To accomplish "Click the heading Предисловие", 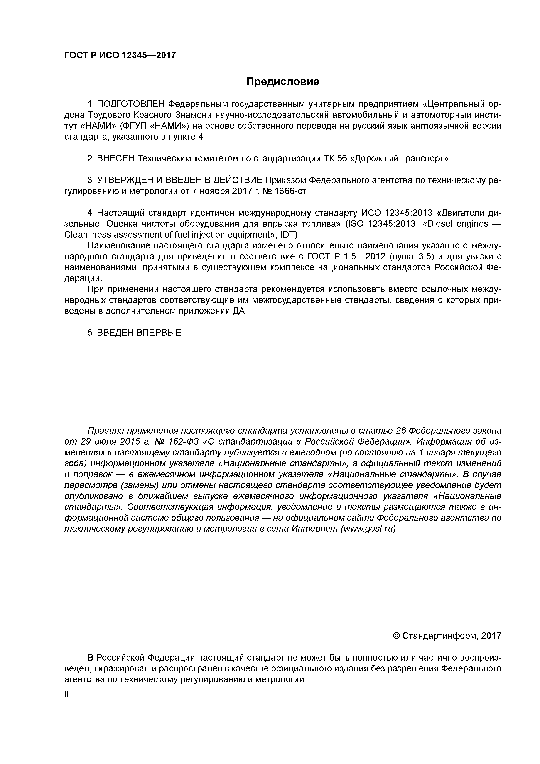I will coord(282,81).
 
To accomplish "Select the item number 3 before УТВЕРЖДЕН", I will coord(89,180).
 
